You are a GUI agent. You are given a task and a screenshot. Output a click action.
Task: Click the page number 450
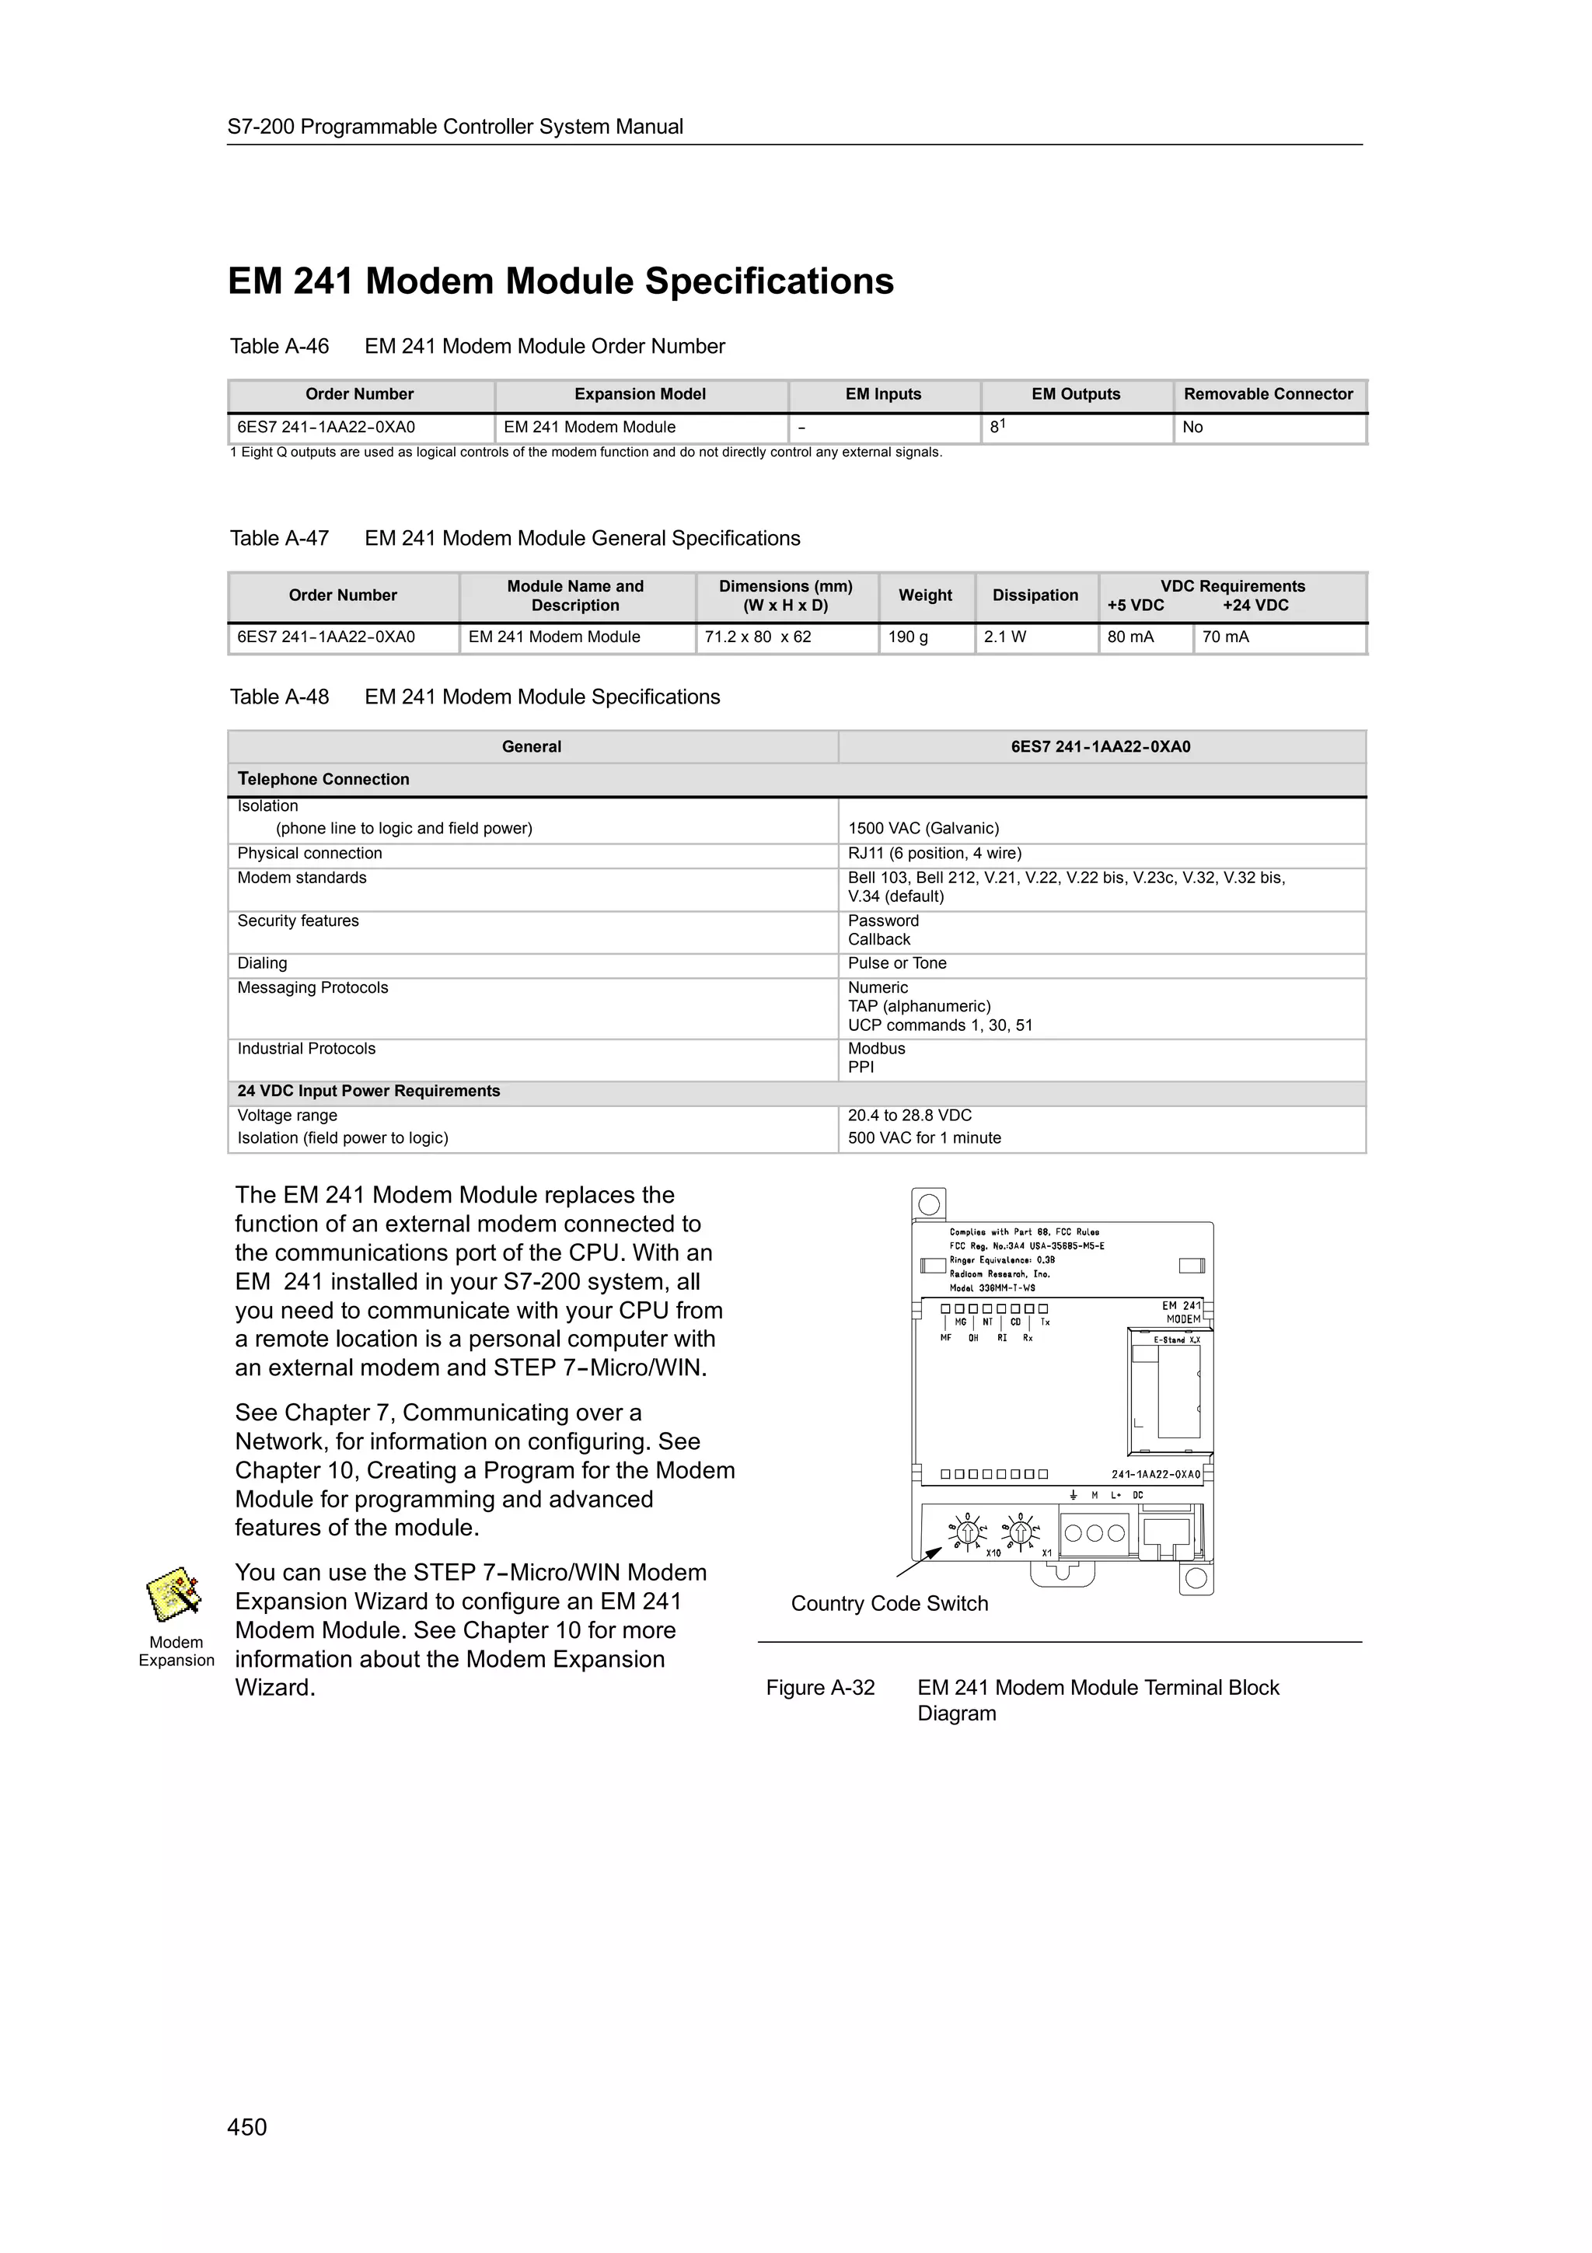coord(246,2126)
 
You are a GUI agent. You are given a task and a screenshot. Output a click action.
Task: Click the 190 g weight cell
coord(908,637)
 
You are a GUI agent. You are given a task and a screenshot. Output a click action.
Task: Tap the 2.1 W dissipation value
coord(1004,637)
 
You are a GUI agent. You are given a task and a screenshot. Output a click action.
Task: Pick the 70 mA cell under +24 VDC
coord(1225,637)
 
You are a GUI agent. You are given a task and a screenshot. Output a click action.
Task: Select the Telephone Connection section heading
coord(323,779)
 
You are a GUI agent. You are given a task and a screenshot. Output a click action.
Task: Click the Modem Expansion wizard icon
coord(173,1595)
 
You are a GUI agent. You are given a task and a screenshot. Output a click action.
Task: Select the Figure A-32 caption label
coord(820,1688)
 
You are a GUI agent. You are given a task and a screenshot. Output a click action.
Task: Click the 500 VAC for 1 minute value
coord(924,1138)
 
